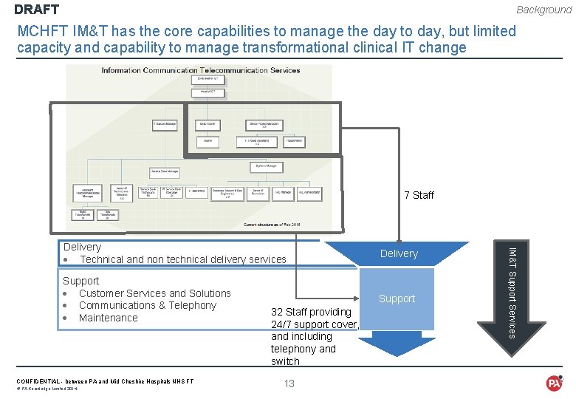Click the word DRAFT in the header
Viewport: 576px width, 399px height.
(x=36, y=10)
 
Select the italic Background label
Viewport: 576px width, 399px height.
(x=544, y=10)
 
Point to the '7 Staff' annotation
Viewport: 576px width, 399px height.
(x=419, y=195)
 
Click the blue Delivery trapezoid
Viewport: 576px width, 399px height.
(x=399, y=253)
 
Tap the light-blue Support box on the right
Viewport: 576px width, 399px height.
(x=397, y=299)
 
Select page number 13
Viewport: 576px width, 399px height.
(x=289, y=383)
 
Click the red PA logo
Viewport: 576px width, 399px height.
(x=554, y=383)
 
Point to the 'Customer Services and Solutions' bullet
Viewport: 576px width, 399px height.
(x=154, y=293)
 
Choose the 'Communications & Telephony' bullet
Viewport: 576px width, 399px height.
(x=147, y=305)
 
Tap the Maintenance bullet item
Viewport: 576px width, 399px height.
(x=108, y=318)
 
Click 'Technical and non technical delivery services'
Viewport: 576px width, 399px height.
(x=182, y=259)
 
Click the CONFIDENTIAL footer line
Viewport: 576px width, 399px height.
(x=105, y=381)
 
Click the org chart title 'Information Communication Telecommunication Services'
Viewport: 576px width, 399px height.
(x=201, y=70)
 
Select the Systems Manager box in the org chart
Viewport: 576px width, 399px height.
(x=266, y=166)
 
